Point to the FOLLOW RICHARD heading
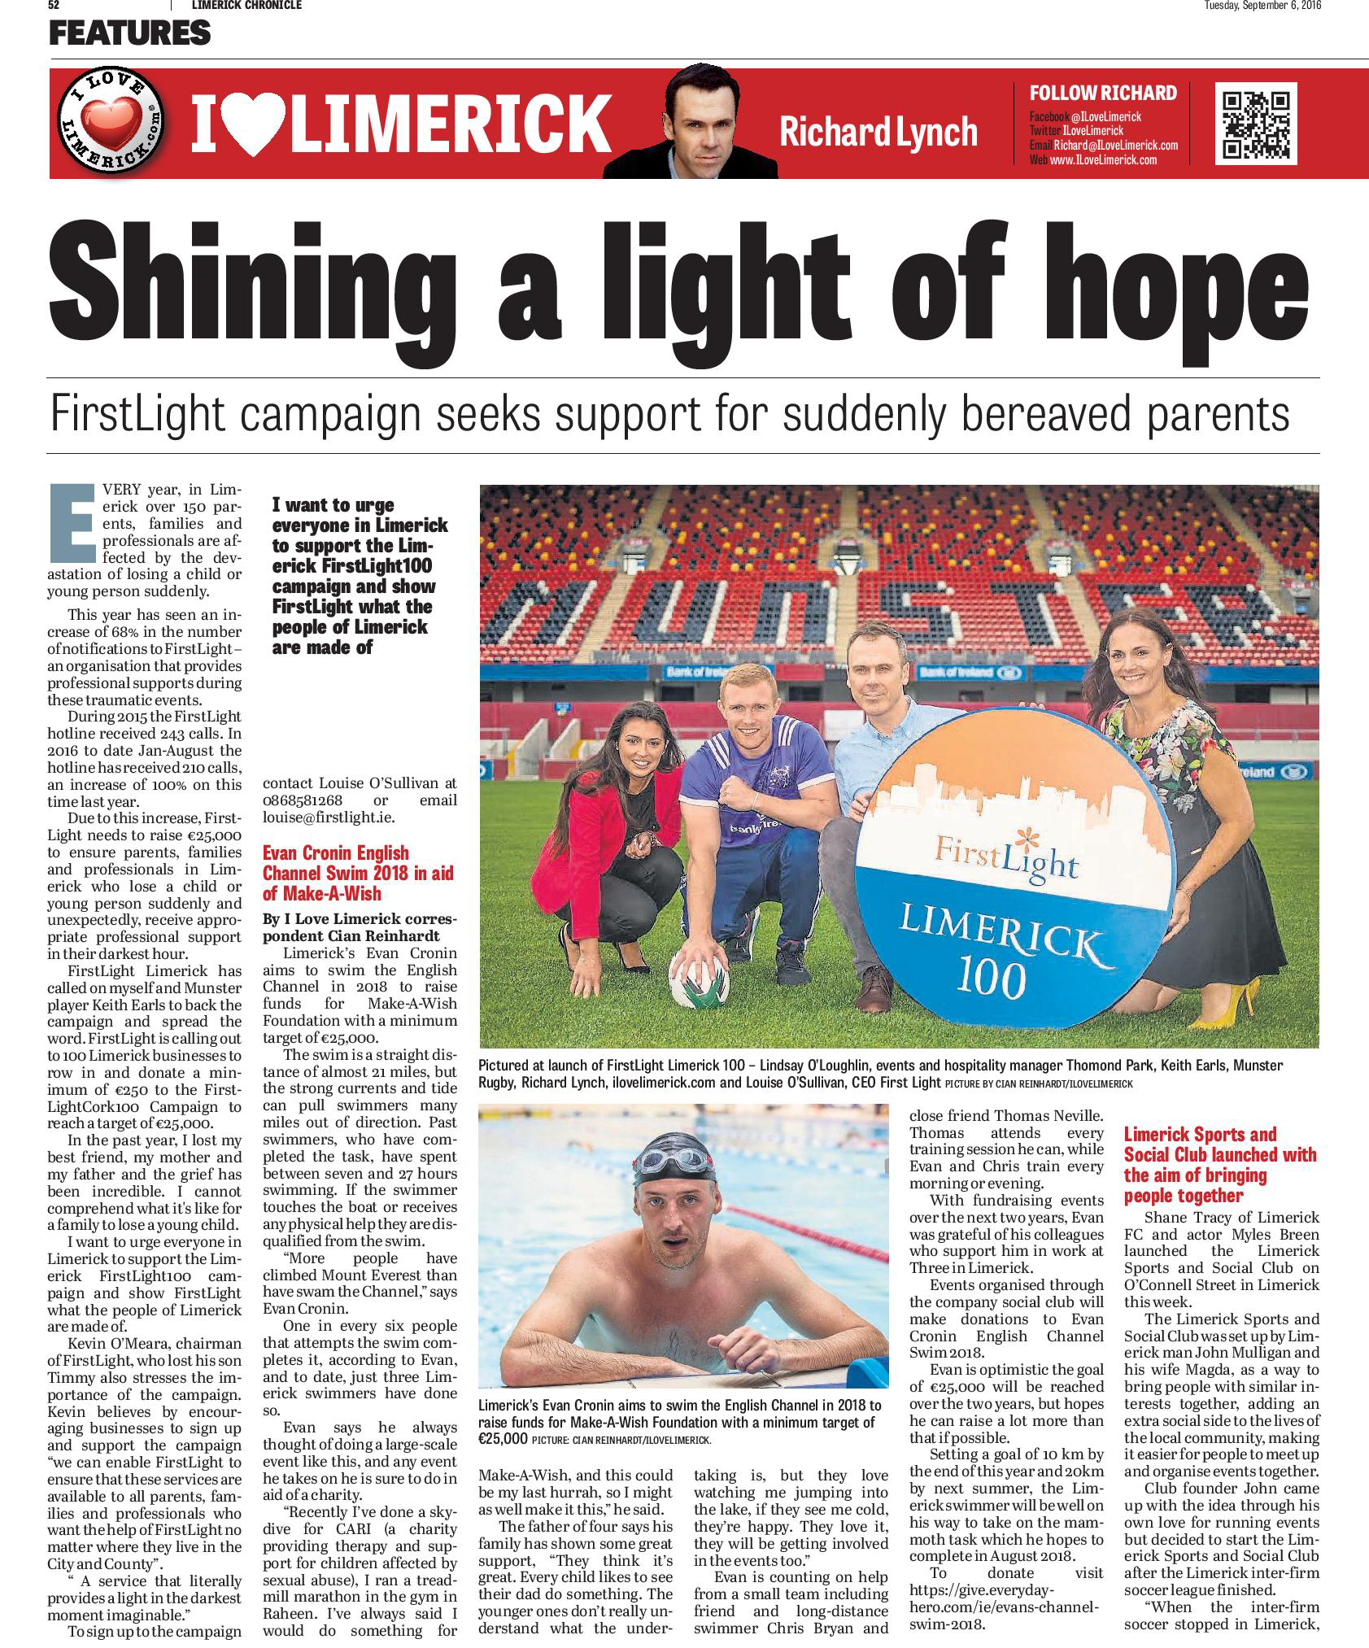[x=1102, y=93]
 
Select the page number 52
[x=55, y=6]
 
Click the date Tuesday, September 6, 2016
[x=1262, y=6]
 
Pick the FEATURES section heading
[x=129, y=33]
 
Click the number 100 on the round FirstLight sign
[x=991, y=979]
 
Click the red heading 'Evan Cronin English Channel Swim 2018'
[x=359, y=873]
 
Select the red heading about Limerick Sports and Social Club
[x=1219, y=1164]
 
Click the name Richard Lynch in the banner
[x=878, y=131]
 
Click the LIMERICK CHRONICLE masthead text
[x=246, y=6]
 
